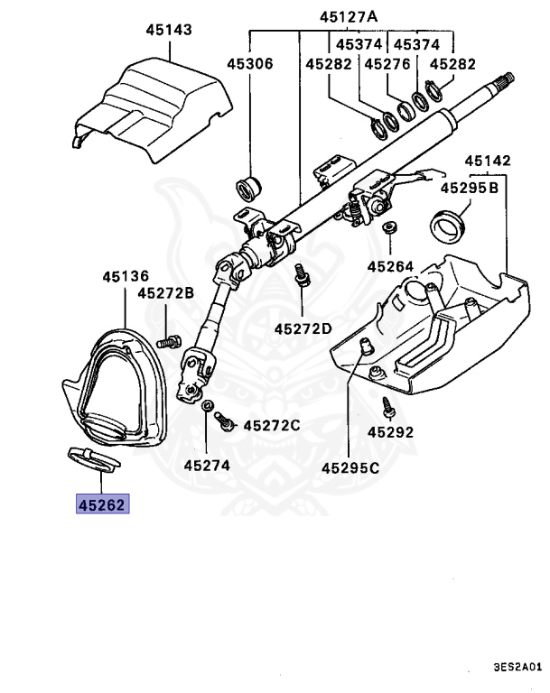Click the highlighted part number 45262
pos(101,505)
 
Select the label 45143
pos(169,30)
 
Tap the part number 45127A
pos(349,16)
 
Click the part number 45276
pos(387,65)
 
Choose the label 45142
pos(488,162)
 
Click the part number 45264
pos(390,266)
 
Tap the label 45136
pos(126,275)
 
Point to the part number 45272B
pos(166,293)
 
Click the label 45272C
pos(271,424)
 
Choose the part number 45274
pos(207,466)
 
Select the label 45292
pos(390,432)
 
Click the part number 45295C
pos(350,467)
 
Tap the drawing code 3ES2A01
pos(517,669)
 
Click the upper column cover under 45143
pos(149,99)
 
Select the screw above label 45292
pos(388,407)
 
